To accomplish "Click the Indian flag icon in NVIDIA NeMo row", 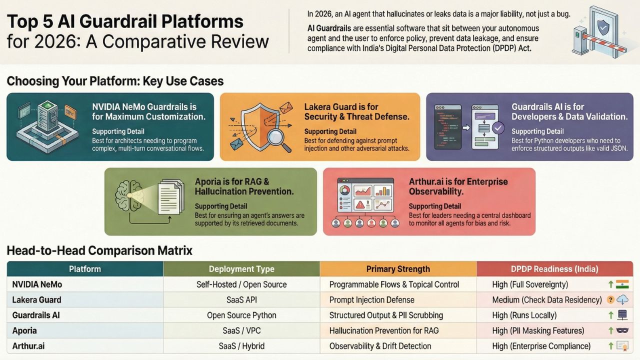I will [x=622, y=284].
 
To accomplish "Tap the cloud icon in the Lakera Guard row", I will [x=623, y=300].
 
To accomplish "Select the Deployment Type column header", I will [x=241, y=269].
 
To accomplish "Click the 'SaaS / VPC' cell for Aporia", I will [x=241, y=330].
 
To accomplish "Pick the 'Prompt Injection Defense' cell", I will [x=371, y=300].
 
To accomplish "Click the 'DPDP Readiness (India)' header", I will [x=554, y=269].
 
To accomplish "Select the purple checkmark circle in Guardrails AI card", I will [x=498, y=128].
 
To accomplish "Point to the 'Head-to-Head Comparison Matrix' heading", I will [x=99, y=250].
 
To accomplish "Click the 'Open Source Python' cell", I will [x=241, y=315].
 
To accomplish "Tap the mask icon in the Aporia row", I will [x=622, y=330].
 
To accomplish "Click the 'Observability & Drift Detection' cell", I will [x=380, y=346].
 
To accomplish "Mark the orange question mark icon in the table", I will [x=610, y=300].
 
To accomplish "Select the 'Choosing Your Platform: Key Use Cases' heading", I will [x=115, y=81].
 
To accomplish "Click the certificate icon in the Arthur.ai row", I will [x=622, y=346].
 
